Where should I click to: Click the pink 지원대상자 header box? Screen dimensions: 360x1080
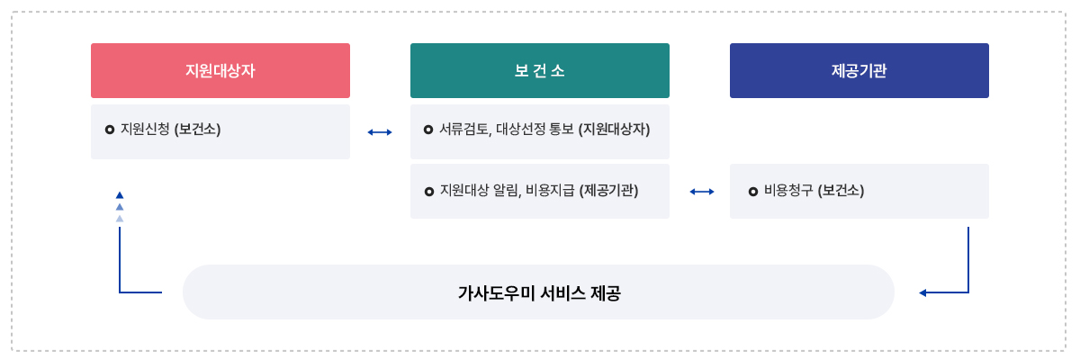pos(220,70)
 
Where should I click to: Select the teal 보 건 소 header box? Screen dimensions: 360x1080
pos(540,70)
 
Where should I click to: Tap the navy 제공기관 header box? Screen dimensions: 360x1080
pos(859,70)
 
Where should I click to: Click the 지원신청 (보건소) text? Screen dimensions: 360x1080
pos(170,129)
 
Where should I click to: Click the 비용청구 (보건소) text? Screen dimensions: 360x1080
pos(814,191)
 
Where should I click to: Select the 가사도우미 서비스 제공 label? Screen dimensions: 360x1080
pos(538,292)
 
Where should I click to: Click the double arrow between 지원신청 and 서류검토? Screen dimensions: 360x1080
pos(380,132)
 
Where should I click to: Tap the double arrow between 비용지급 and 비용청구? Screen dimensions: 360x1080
pos(702,192)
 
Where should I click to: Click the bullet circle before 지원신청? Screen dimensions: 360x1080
pos(110,130)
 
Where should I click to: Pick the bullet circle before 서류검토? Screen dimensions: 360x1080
pos(428,130)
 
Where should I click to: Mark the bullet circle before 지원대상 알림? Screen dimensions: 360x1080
pos(428,192)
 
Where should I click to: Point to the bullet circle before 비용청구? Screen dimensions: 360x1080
pos(752,192)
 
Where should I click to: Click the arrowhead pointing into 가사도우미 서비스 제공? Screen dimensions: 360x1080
pos(922,292)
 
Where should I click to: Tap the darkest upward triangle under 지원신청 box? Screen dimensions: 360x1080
pos(120,194)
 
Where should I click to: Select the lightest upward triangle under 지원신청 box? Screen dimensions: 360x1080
pos(120,218)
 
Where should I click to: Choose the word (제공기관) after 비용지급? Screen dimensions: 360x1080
pos(609,191)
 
